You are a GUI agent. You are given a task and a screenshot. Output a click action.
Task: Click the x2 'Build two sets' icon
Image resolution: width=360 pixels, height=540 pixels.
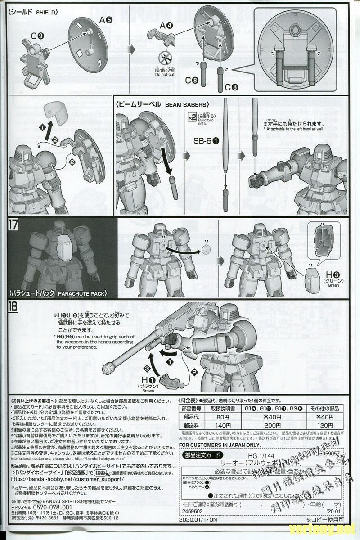(192, 117)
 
